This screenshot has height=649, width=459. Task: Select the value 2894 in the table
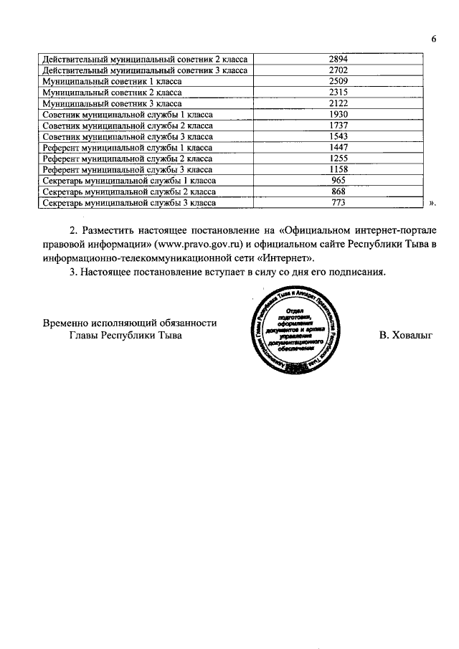(339, 58)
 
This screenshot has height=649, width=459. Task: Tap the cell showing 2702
(339, 70)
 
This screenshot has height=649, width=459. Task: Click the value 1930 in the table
(339, 115)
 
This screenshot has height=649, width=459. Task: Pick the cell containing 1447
(339, 148)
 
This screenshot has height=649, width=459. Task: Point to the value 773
(339, 204)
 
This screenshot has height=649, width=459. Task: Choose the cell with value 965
(339, 181)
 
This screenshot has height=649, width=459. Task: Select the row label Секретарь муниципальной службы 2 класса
(129, 192)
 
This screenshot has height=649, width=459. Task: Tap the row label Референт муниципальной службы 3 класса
(128, 170)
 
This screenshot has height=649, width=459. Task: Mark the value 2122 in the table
(339, 103)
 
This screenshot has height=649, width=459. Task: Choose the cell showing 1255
(339, 159)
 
